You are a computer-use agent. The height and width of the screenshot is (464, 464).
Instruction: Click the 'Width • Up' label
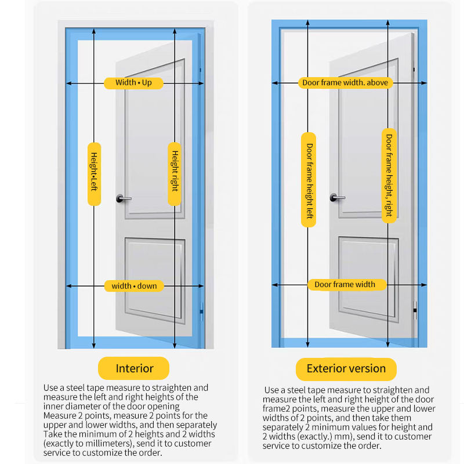pos(133,83)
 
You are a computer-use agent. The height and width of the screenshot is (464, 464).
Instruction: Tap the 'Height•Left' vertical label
pos(94,173)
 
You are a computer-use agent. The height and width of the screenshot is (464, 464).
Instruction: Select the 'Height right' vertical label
pos(174,173)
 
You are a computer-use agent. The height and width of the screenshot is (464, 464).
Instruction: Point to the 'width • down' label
pos(134,286)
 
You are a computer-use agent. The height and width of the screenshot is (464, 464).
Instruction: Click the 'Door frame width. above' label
pos(345,83)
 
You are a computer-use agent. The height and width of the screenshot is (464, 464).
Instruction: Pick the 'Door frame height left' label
pos(309,179)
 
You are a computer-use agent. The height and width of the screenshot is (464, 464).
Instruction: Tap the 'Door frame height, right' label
pos(389,175)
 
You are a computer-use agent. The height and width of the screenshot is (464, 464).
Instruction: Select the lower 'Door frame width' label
pos(345,285)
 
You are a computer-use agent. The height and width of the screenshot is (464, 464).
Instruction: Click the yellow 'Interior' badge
pos(134,368)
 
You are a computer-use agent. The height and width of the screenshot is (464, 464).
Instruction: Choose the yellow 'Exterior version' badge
pos(346,369)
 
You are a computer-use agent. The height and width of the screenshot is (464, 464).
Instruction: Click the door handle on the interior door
pos(123,198)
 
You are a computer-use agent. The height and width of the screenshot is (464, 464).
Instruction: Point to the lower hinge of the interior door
pos(202,312)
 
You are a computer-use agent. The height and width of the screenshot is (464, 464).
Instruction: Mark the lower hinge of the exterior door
pos(415,310)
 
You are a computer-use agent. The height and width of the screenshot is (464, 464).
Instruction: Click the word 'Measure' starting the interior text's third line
pos(59,416)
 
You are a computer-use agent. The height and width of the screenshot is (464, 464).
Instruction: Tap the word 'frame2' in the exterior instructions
pos(277,409)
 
